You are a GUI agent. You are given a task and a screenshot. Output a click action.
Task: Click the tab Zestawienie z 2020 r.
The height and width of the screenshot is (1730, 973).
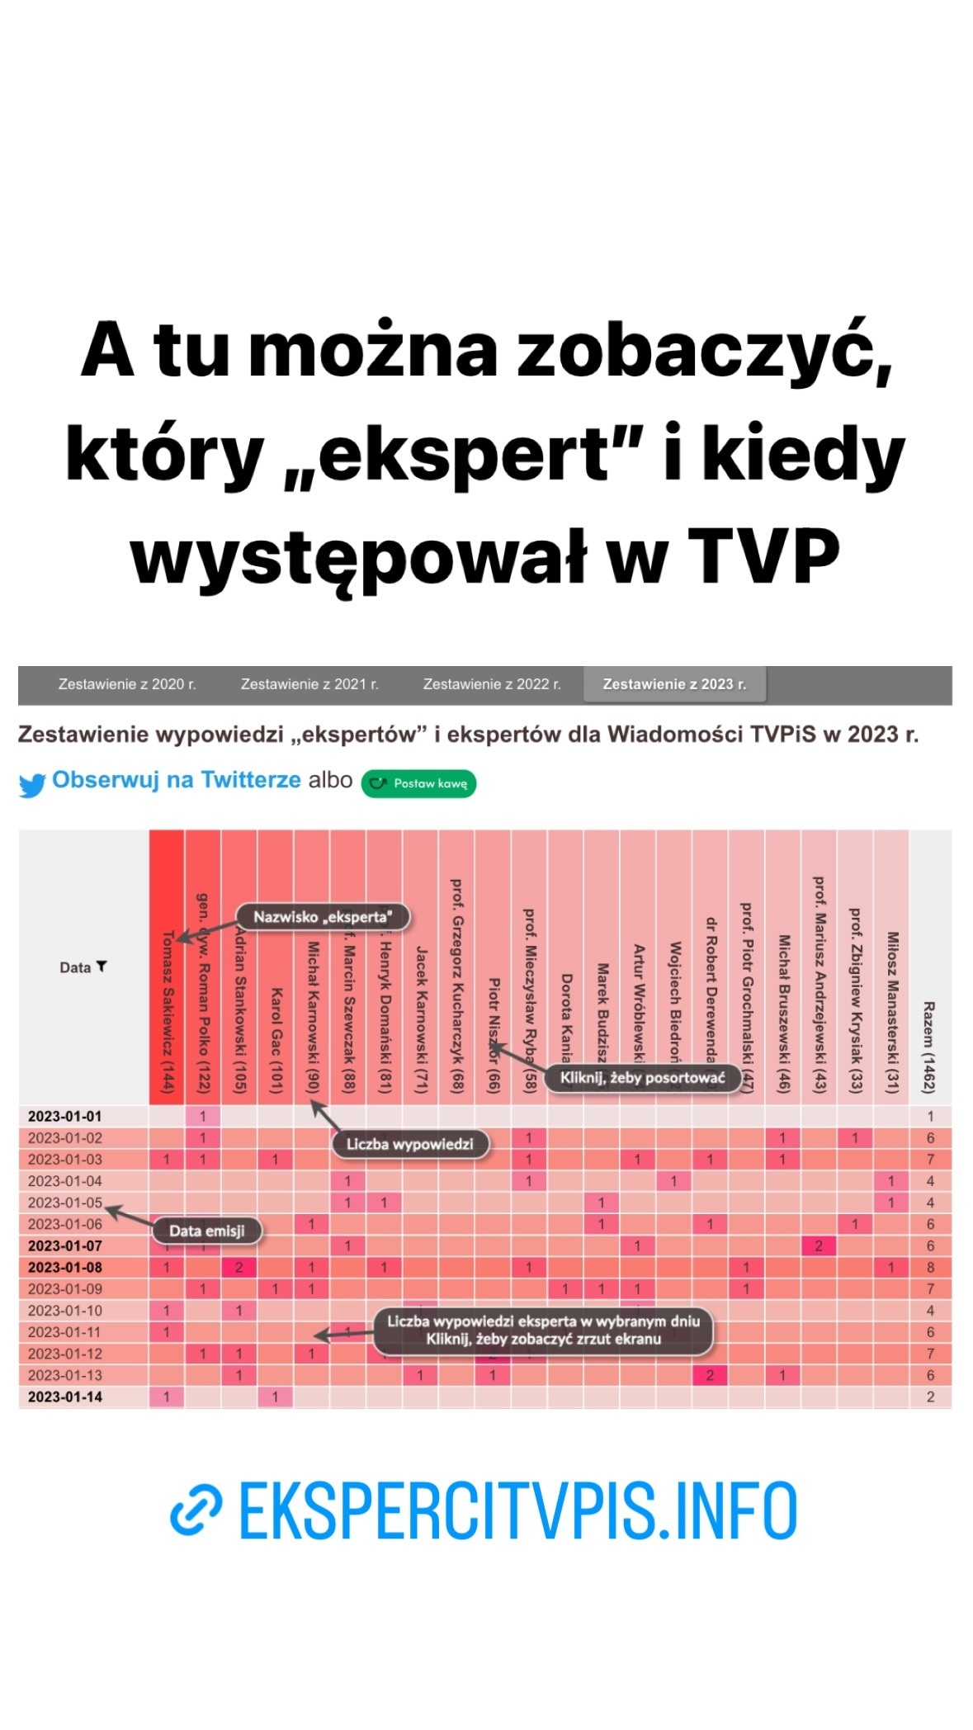[x=127, y=683]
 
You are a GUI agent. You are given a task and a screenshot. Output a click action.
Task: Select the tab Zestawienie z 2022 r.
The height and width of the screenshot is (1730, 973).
[x=491, y=683]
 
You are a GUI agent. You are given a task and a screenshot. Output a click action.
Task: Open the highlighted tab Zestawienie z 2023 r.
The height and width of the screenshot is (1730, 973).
[x=673, y=683]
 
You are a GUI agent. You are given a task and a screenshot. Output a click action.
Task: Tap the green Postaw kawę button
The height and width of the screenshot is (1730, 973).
[x=418, y=783]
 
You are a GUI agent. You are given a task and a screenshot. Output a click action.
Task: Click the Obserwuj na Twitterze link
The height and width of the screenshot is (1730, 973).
[x=176, y=780]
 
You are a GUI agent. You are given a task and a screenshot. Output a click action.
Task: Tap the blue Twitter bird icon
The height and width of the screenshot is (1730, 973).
[x=32, y=785]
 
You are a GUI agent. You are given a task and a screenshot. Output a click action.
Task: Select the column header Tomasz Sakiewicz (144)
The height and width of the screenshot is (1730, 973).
[x=168, y=1011]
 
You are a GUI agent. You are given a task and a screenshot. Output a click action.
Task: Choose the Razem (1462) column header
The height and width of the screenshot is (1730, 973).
[x=929, y=1047]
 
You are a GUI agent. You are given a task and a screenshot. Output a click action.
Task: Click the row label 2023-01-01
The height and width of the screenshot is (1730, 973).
[x=65, y=1116]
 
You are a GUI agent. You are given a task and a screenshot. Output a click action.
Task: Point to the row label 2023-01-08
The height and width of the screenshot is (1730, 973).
[x=65, y=1267]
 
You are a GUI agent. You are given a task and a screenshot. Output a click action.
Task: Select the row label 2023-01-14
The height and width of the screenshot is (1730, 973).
[x=65, y=1397]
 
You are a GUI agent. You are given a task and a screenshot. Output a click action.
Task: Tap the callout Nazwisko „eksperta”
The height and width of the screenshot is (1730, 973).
[x=322, y=916]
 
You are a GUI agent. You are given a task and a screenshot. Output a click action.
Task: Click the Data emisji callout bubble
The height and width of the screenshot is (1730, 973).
[x=207, y=1231]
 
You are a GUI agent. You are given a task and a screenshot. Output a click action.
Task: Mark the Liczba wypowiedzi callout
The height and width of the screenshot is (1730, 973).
[x=409, y=1144]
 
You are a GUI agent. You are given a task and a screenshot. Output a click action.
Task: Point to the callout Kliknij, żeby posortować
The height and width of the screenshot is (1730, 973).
[x=642, y=1077]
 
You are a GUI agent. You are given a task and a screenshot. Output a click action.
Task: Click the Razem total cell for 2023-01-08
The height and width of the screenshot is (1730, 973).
[x=930, y=1267]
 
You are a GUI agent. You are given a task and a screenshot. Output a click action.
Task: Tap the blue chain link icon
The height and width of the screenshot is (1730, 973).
[x=196, y=1510]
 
